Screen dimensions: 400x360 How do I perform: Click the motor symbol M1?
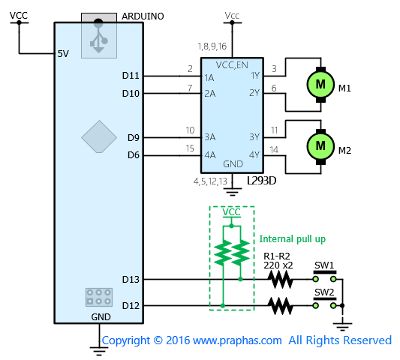coord(320,85)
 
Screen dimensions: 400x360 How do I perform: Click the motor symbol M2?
coord(320,146)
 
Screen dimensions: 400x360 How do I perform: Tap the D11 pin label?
coord(131,76)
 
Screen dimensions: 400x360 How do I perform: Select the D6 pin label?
coord(134,155)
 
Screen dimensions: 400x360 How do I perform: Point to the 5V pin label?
coord(63,54)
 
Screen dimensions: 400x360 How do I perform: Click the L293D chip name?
coord(261,181)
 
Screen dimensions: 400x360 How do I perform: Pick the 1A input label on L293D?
coord(209,78)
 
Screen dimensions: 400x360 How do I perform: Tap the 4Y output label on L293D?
coord(254,154)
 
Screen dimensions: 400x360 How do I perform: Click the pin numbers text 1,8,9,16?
coord(212,46)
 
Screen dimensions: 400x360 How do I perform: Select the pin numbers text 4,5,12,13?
coord(210,181)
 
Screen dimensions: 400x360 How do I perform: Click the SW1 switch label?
coord(324,265)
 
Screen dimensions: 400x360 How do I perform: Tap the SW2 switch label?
coord(324,292)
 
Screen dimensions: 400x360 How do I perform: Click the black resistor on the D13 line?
coord(280,279)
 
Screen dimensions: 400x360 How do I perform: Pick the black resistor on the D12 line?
coord(280,305)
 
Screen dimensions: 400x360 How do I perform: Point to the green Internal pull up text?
coord(293,239)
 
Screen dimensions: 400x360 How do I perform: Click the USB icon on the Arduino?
coord(99,35)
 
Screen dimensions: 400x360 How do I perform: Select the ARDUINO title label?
coord(143,16)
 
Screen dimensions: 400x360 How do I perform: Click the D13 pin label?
coord(131,280)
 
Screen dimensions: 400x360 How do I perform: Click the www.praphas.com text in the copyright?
coord(237,340)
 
